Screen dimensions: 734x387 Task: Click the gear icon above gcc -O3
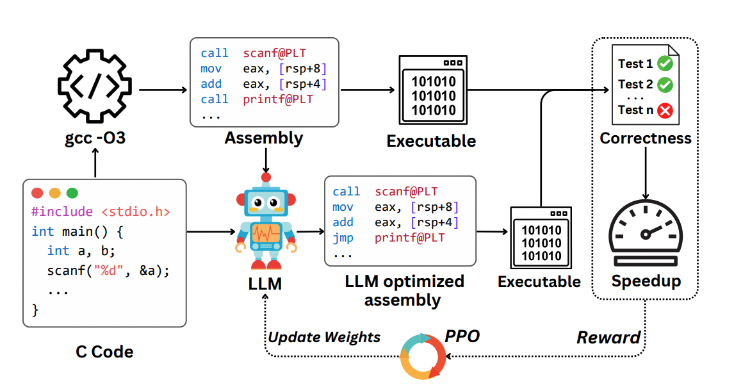(x=95, y=86)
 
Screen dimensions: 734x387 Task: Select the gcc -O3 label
(x=95, y=138)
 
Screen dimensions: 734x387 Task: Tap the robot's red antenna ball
(x=266, y=177)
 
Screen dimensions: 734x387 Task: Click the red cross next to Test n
(x=665, y=111)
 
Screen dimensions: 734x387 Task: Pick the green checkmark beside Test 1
(x=665, y=63)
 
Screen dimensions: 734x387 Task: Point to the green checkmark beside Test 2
(x=665, y=85)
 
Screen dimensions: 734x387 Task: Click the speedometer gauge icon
(x=646, y=233)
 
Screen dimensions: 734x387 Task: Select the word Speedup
(x=646, y=281)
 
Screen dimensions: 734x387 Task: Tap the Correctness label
(x=646, y=138)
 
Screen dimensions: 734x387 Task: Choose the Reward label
(x=608, y=337)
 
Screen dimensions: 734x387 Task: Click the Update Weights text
(x=324, y=337)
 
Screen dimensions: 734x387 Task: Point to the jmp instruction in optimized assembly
(x=343, y=238)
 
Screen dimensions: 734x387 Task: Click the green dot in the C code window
(x=72, y=193)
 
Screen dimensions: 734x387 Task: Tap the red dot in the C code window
(x=37, y=193)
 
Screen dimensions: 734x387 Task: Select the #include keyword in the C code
(x=61, y=212)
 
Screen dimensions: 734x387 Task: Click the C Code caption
(x=104, y=352)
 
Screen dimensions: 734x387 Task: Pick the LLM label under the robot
(x=265, y=283)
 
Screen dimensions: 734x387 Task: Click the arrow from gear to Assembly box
(x=163, y=90)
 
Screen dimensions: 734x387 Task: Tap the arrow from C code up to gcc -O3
(x=95, y=163)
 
